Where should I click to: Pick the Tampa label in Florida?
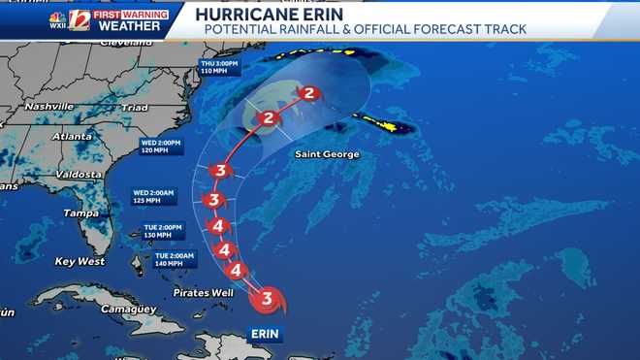[x=80, y=213]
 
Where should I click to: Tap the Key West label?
[x=80, y=261]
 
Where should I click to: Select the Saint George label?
[x=328, y=154]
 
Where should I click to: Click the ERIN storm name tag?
[x=266, y=333]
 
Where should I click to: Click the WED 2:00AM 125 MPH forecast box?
[x=153, y=197]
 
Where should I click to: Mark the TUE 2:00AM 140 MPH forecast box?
[x=175, y=259]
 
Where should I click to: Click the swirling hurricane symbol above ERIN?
[x=267, y=299]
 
